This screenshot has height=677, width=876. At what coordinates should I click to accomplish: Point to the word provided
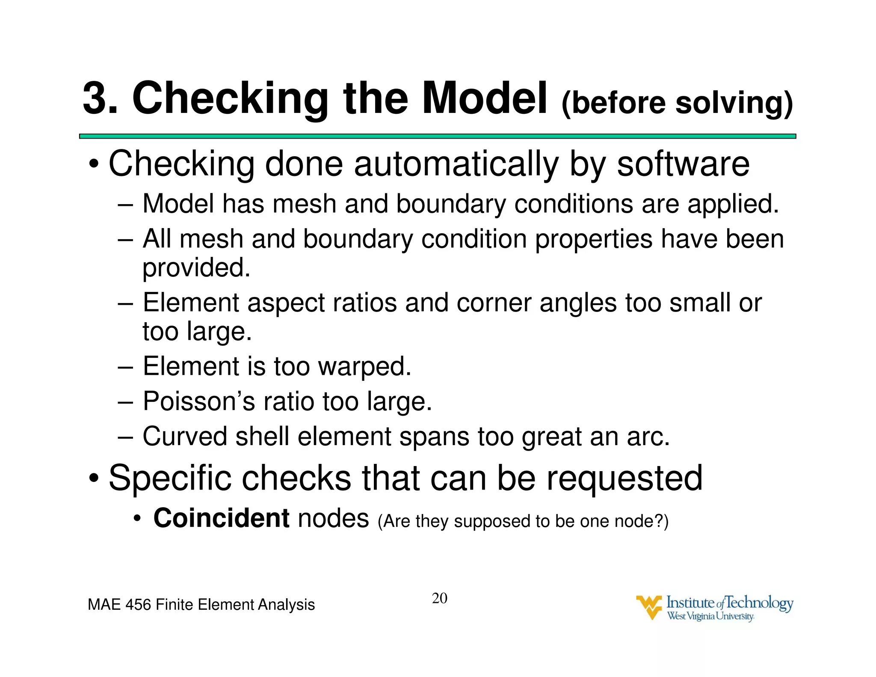click(196, 268)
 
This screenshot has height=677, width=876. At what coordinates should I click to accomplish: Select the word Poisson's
click(198, 401)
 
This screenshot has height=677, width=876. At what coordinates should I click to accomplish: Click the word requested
click(624, 478)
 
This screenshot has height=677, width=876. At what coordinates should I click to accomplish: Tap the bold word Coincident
click(221, 518)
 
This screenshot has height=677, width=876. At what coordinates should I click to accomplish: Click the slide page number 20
click(439, 598)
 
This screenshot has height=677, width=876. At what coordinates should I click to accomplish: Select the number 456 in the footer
click(138, 605)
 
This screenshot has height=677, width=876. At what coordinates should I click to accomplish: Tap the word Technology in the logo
click(759, 603)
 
